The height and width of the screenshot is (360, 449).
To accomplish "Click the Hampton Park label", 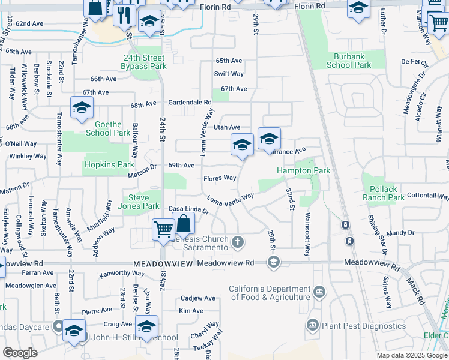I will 303,171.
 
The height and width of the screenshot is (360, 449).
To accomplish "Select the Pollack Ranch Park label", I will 384,193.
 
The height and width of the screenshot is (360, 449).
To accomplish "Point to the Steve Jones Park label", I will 141,202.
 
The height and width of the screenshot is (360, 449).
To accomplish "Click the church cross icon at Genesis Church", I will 238,242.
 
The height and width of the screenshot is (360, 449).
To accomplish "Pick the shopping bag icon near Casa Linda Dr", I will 184,224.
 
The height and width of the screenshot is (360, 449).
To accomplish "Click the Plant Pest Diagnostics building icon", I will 312,325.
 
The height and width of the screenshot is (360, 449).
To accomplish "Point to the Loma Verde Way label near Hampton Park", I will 231,199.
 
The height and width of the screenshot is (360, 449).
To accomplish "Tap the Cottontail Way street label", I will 427,196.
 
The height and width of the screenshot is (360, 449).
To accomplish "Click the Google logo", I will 20,353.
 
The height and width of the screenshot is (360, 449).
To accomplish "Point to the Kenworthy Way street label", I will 107,274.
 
